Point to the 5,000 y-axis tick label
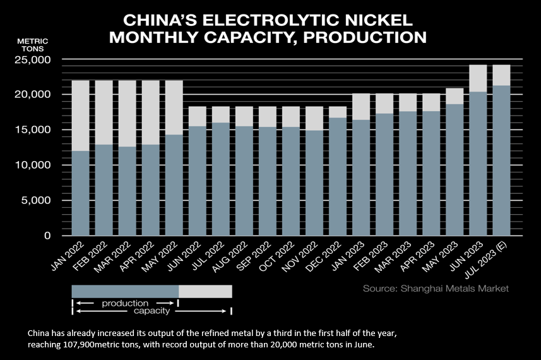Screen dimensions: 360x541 41,200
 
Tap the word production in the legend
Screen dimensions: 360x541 125,303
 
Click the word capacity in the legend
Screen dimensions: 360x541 151,311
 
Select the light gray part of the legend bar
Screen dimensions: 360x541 205,291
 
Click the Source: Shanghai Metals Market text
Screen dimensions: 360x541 436,289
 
